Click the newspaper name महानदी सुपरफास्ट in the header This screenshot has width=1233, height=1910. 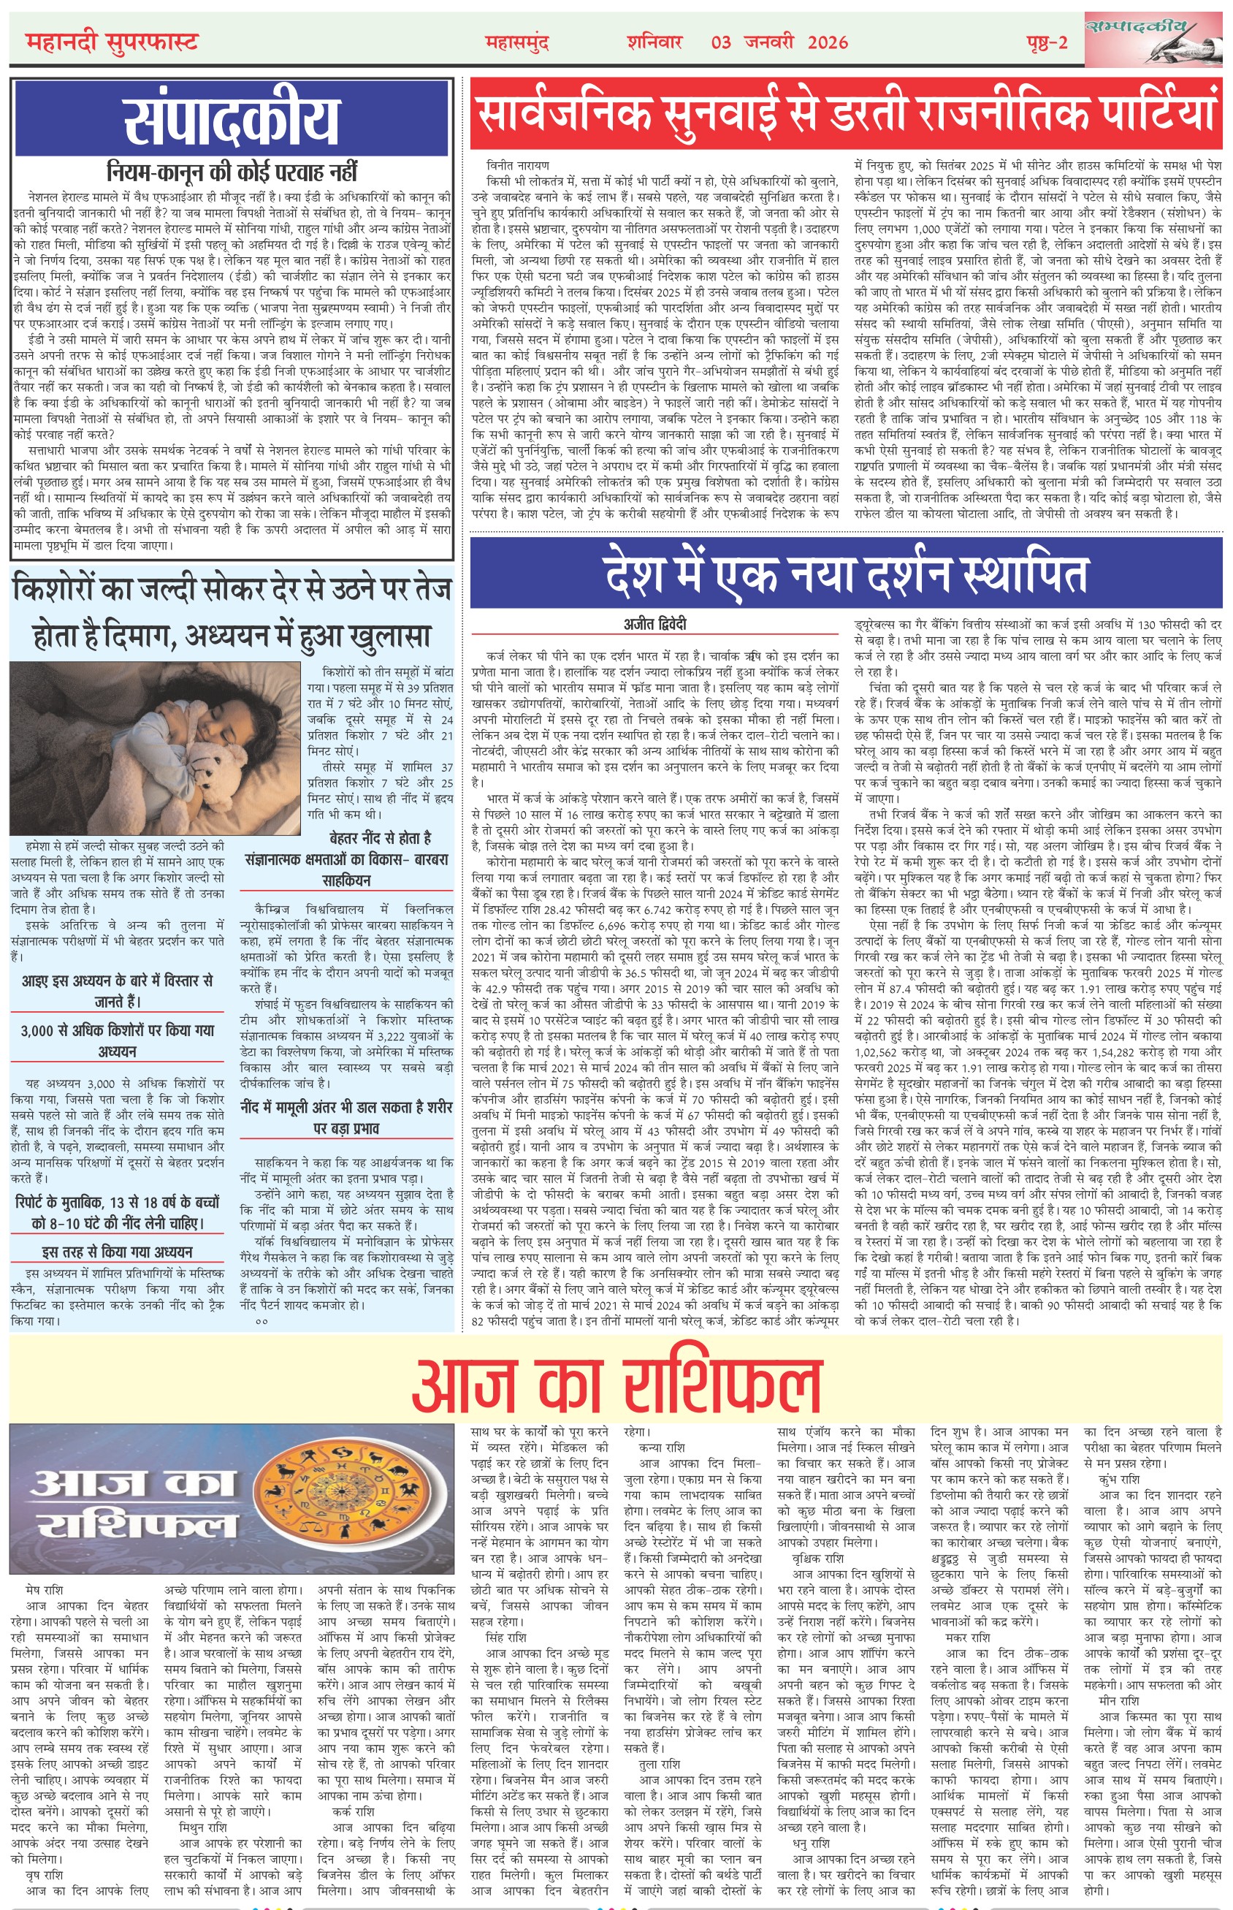pos(112,41)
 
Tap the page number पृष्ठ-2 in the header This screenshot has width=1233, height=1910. pos(1047,42)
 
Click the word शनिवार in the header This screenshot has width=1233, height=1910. pos(654,42)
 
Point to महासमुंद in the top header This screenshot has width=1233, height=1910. pos(517,42)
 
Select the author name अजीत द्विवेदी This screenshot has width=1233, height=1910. pos(655,625)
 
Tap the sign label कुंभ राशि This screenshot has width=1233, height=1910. pos(1118,1479)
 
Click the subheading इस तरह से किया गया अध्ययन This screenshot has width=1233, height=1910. pos(118,1252)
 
